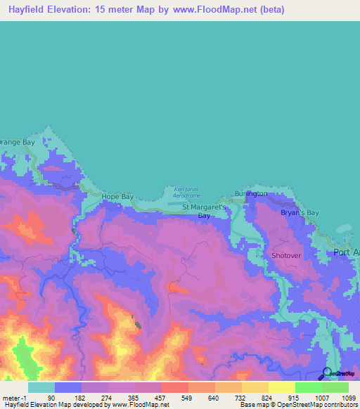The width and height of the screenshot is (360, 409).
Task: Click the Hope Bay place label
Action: click(117, 197)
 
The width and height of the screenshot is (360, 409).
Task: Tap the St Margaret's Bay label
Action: click(205, 212)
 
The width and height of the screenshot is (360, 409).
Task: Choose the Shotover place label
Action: click(286, 255)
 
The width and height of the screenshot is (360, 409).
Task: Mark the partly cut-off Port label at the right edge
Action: click(347, 253)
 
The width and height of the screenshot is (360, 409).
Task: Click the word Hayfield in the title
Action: click(31, 11)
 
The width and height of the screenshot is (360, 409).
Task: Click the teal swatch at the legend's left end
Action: click(41, 387)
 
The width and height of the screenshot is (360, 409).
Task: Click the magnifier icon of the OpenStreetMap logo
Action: click(327, 373)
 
